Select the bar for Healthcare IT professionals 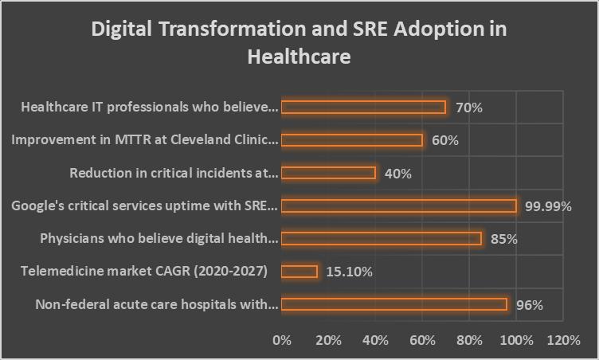coord(363,107)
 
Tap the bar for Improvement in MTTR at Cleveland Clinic coord(351,140)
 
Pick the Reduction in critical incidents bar coord(328,173)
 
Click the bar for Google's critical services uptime coord(398,205)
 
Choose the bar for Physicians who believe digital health coord(381,238)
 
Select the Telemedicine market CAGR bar coord(299,272)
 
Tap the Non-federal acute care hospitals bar coord(393,304)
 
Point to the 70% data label coord(468,108)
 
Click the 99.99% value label coord(549,206)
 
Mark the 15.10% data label coord(349,272)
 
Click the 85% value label coord(503,239)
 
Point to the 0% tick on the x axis coord(282,340)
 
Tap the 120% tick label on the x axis coord(563,340)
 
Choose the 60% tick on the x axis coord(422,340)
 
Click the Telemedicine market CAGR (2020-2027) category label coord(144,272)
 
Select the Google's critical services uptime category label coord(144,206)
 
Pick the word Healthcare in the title coord(299,57)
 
